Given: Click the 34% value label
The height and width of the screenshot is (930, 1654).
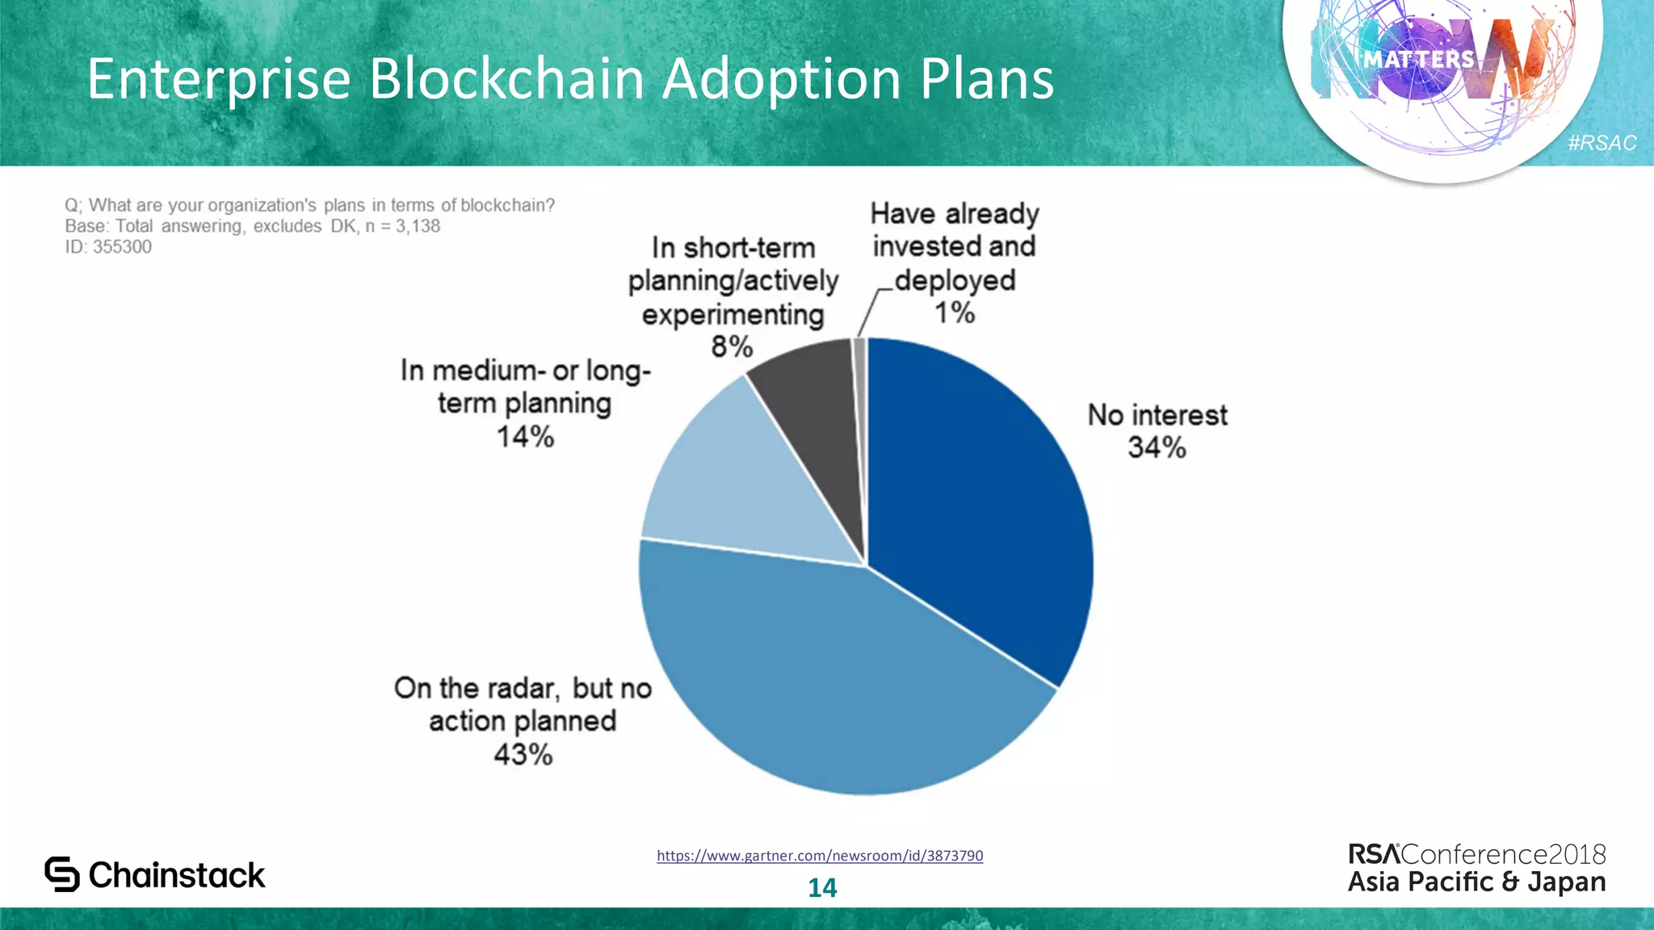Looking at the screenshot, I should pyautogui.click(x=1157, y=448).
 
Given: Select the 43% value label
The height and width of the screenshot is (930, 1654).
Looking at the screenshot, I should pyautogui.click(x=523, y=755).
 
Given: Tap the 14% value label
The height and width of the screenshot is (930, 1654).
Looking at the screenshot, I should pyautogui.click(x=525, y=438).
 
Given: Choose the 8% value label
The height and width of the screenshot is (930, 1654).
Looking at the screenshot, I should pyautogui.click(x=732, y=347).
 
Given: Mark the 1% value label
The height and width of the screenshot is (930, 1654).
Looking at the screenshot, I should pyautogui.click(x=955, y=313).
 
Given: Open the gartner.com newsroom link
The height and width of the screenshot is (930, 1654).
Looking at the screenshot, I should pyautogui.click(x=820, y=856).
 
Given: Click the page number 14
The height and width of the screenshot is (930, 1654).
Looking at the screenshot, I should pyautogui.click(x=822, y=888).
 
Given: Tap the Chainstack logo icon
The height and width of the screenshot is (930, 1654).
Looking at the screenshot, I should pyautogui.click(x=62, y=874).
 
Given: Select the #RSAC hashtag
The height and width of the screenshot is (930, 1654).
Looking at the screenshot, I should pyautogui.click(x=1602, y=143).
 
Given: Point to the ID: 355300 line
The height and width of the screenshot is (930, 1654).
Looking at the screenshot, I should pyautogui.click(x=108, y=247).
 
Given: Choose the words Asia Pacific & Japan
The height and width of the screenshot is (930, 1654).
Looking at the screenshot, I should pyautogui.click(x=1476, y=882).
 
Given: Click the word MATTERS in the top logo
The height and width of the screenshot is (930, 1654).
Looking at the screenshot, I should pyautogui.click(x=1419, y=60).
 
